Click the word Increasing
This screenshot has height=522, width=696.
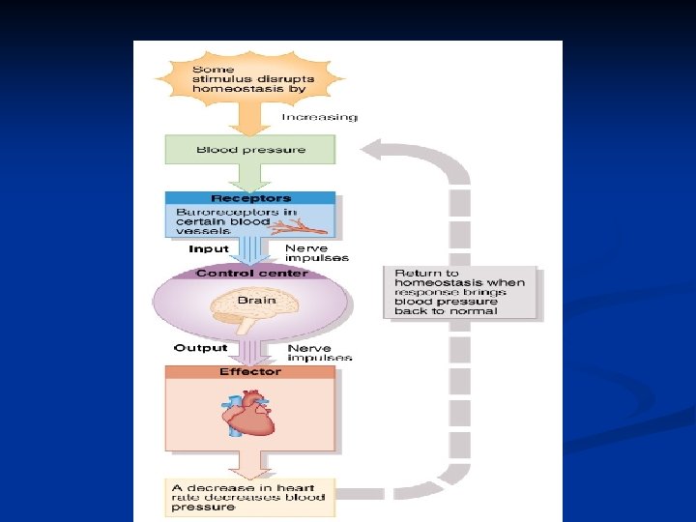[319, 118]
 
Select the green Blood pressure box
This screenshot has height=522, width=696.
[250, 150]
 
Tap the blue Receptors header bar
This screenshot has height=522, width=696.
[250, 198]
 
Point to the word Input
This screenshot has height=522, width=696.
[209, 249]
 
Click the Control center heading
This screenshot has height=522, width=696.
[250, 274]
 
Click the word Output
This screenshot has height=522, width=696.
[200, 348]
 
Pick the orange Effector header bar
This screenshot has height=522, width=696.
[250, 372]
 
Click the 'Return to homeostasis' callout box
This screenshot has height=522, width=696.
[460, 293]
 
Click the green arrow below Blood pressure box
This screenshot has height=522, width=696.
[250, 176]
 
